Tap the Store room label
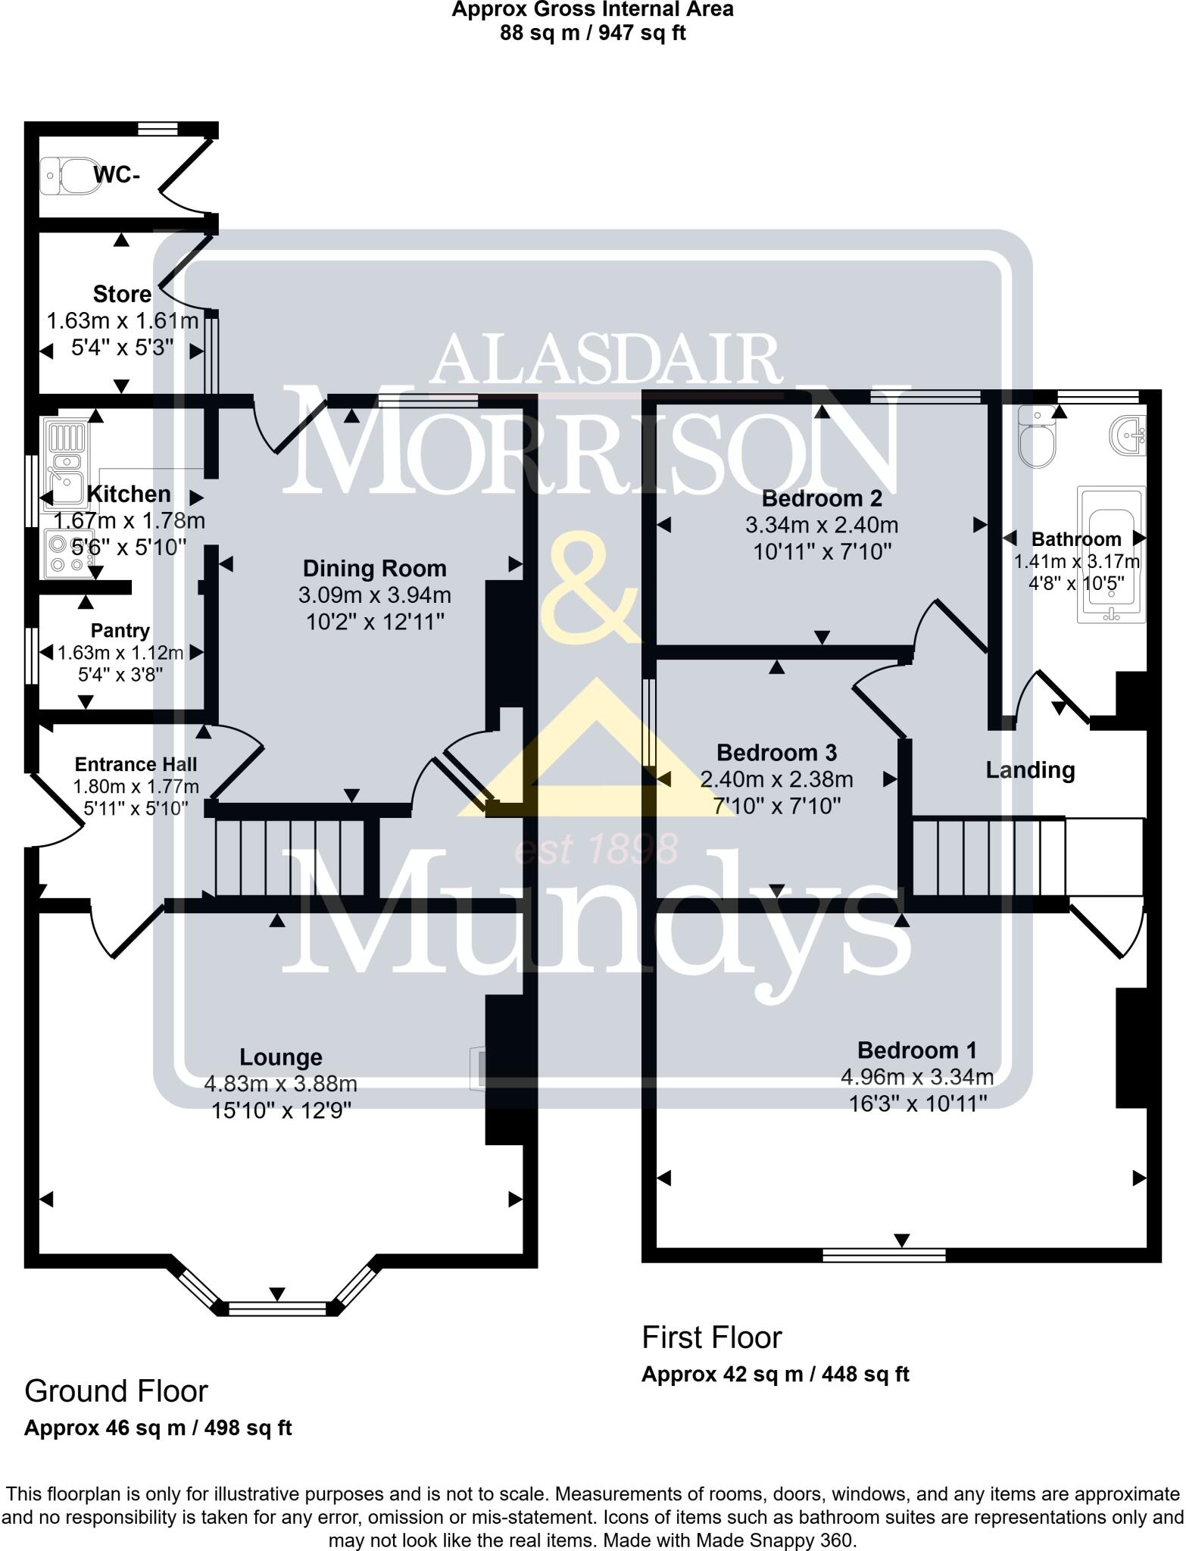tap(122, 293)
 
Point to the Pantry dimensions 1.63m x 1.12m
tap(121, 653)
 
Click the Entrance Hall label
tap(136, 764)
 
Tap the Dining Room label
tap(374, 568)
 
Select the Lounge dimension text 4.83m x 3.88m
tap(280, 1084)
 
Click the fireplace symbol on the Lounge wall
tap(478, 1069)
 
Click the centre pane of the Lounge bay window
tap(277, 1308)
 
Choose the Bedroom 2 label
tap(822, 498)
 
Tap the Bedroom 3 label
tap(776, 753)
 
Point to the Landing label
tap(1030, 770)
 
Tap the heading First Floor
tap(711, 1338)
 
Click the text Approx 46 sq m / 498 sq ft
tap(158, 1428)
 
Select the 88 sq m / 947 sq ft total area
tap(592, 33)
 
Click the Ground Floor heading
tap(116, 1391)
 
